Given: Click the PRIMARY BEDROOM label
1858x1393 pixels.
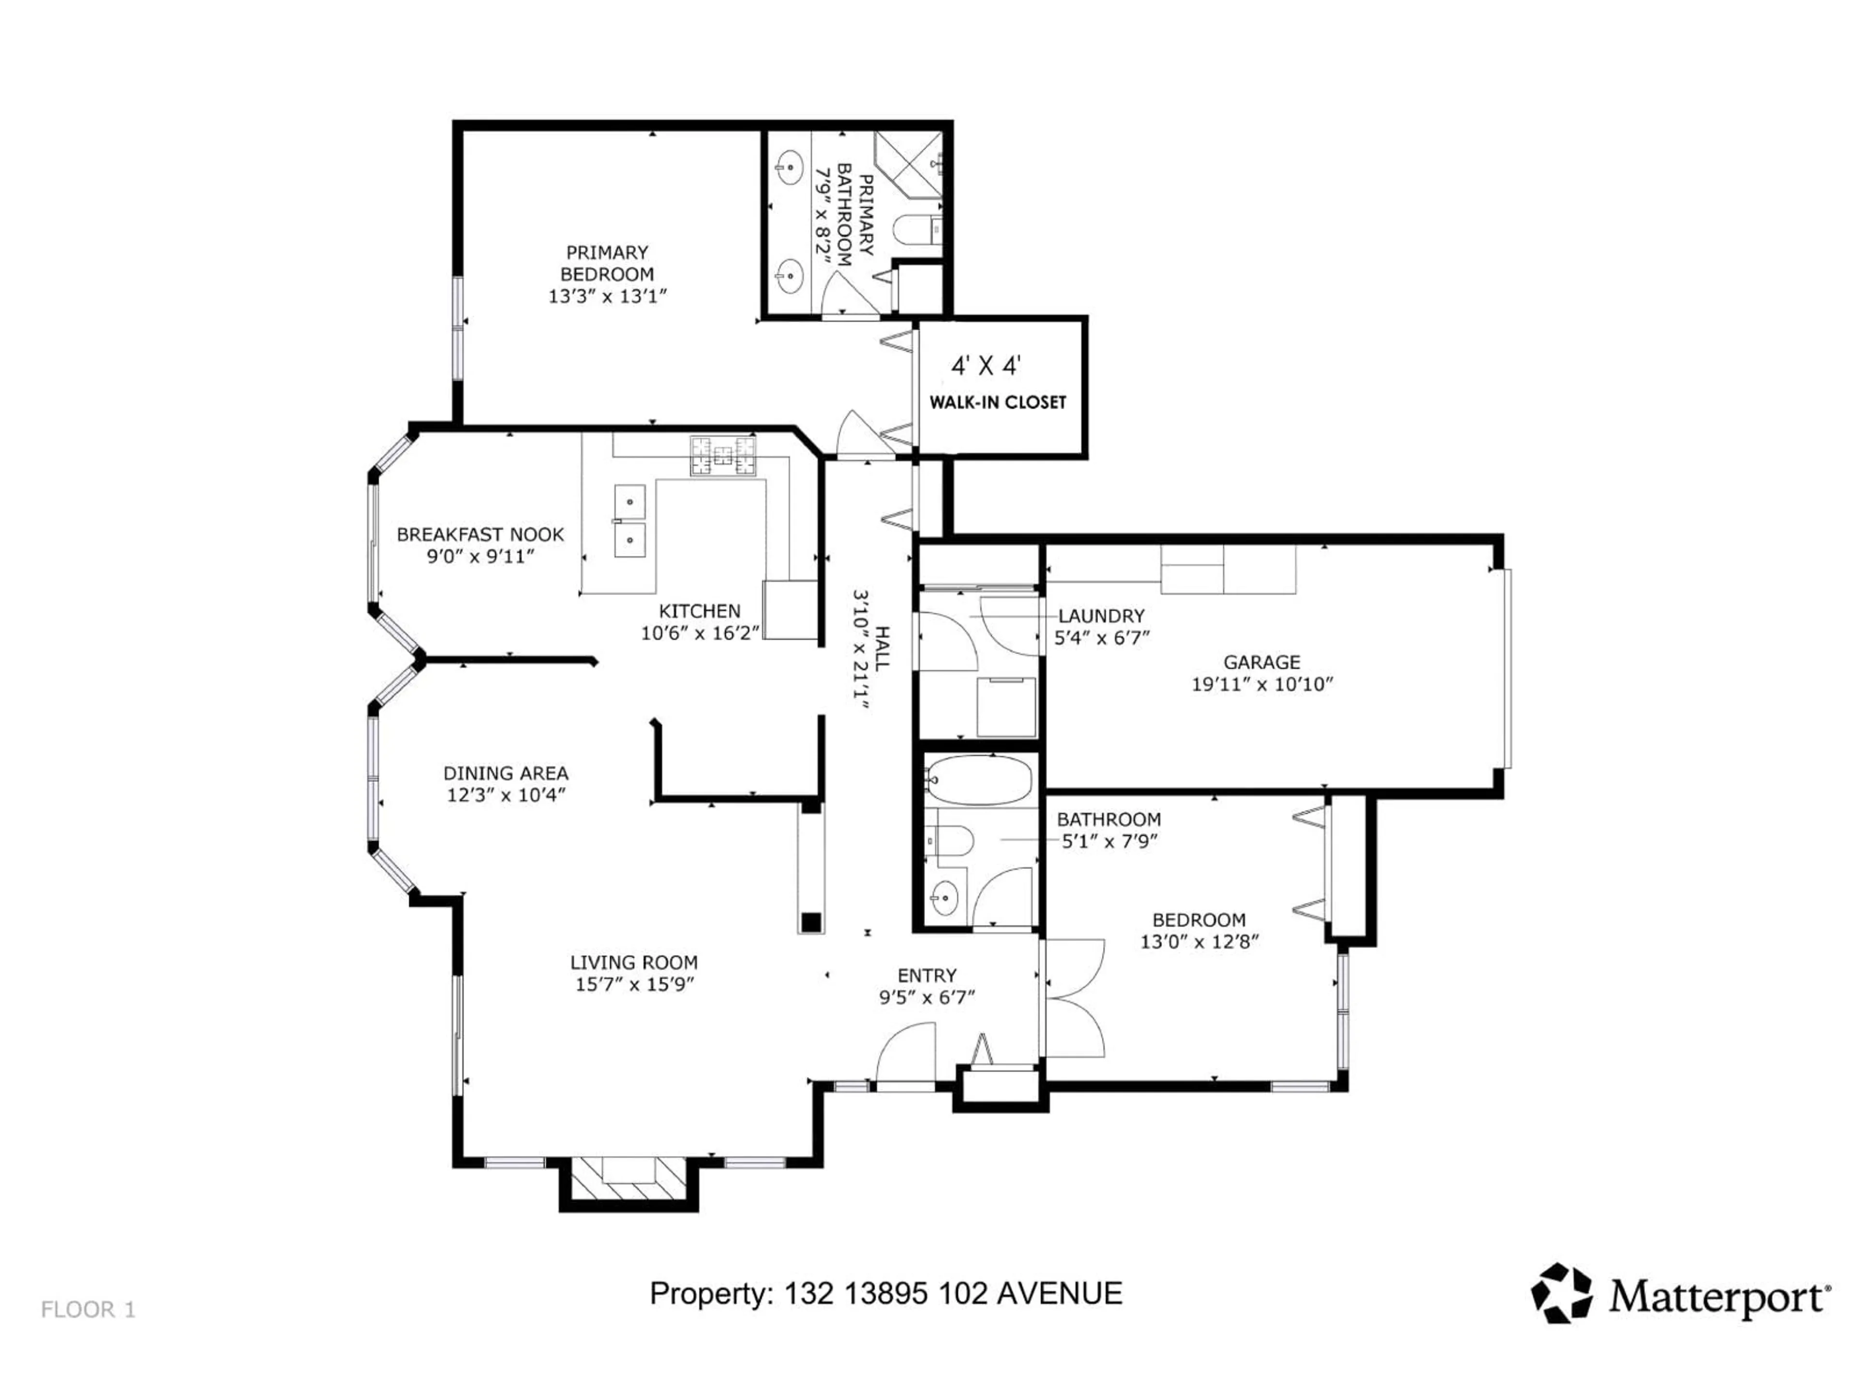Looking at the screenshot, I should [x=606, y=263].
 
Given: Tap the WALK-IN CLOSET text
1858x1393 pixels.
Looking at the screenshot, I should [x=997, y=402].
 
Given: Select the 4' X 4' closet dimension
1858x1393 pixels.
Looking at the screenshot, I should [x=985, y=366].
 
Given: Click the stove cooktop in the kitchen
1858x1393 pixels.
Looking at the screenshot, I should [x=722, y=456].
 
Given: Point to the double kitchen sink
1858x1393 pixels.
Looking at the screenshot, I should [x=629, y=520].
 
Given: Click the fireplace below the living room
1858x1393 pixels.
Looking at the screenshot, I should [x=629, y=1180].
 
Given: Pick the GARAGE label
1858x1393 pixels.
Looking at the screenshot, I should [x=1261, y=663].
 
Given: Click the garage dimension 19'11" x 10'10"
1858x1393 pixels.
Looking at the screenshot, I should [x=1261, y=684].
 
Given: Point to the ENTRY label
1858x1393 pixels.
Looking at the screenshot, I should [x=927, y=976].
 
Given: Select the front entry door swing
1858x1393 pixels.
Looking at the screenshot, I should [x=907, y=1054].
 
